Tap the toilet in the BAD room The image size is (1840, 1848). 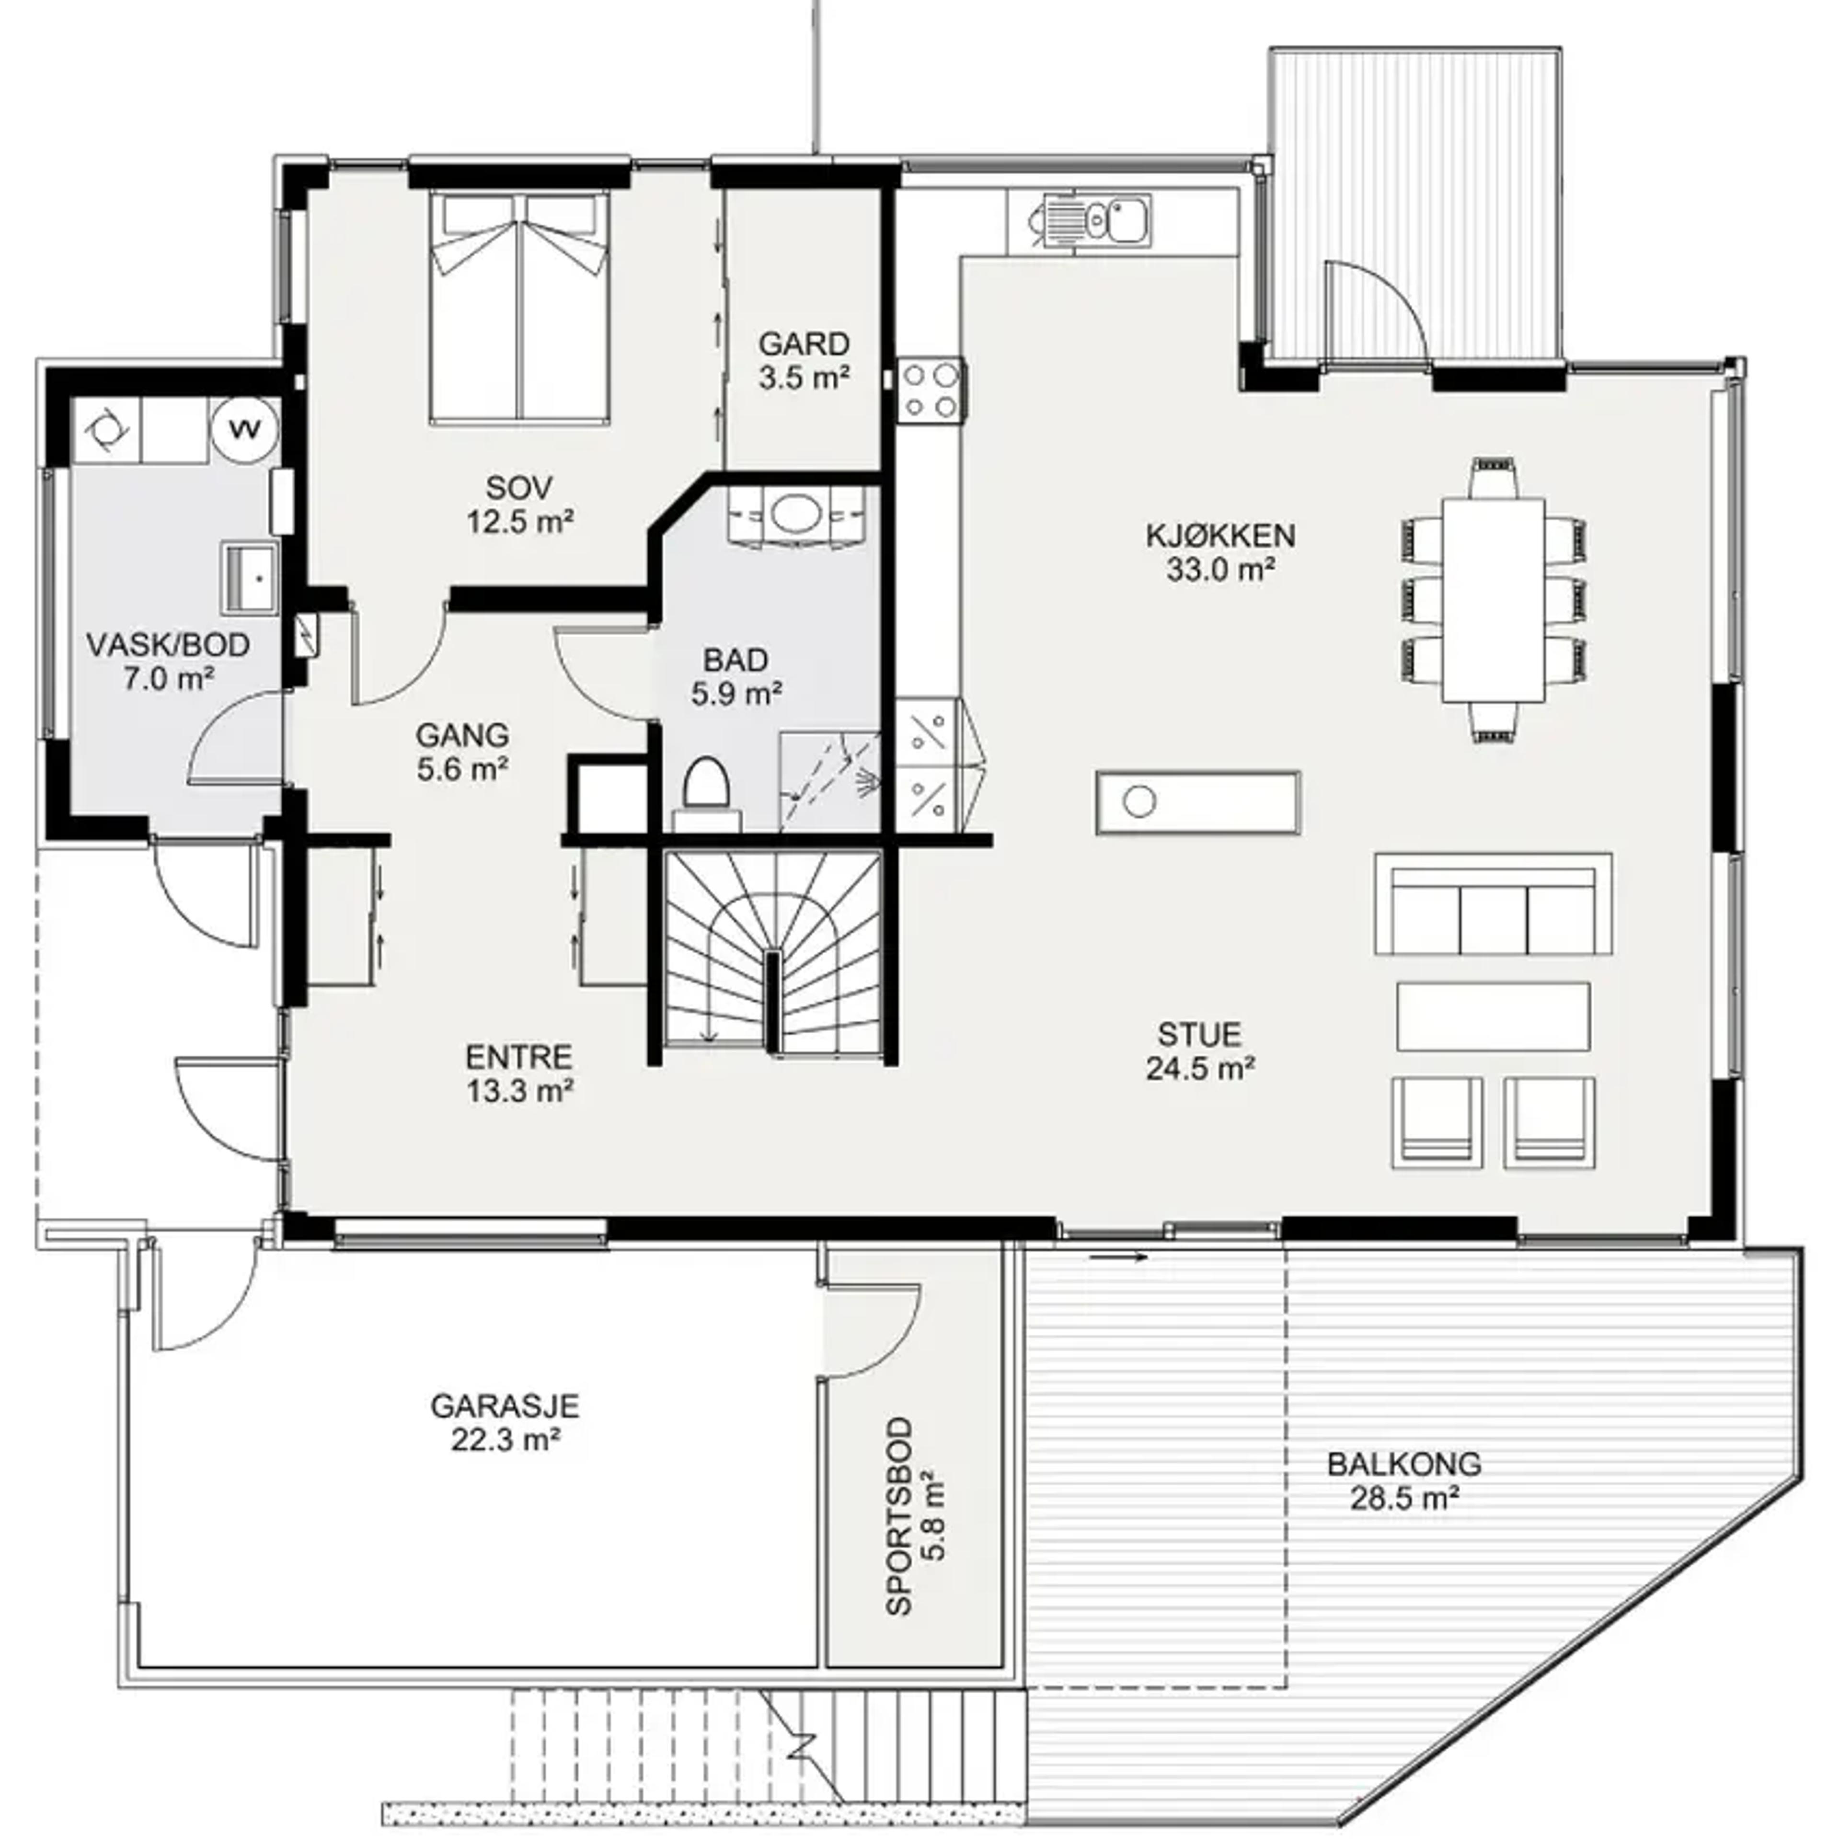click(707, 791)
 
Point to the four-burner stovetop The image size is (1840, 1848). click(929, 388)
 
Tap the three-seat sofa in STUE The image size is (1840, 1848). click(1493, 904)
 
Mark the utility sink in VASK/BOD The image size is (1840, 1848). click(251, 578)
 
